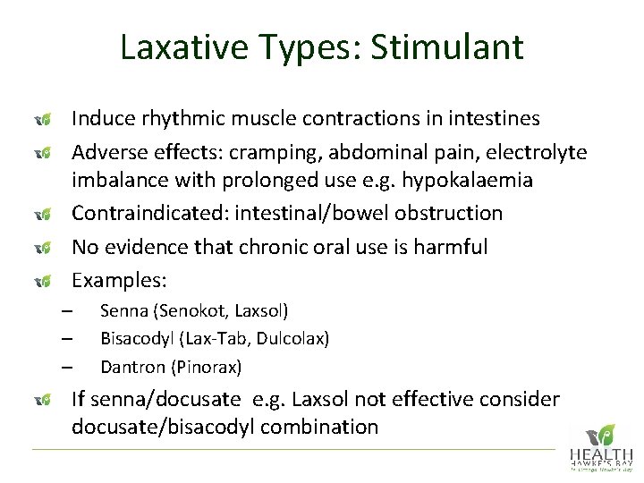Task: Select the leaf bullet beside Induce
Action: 40,118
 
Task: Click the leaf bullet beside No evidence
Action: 40,247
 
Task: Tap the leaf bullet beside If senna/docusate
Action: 40,399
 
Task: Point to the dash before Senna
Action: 66,311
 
